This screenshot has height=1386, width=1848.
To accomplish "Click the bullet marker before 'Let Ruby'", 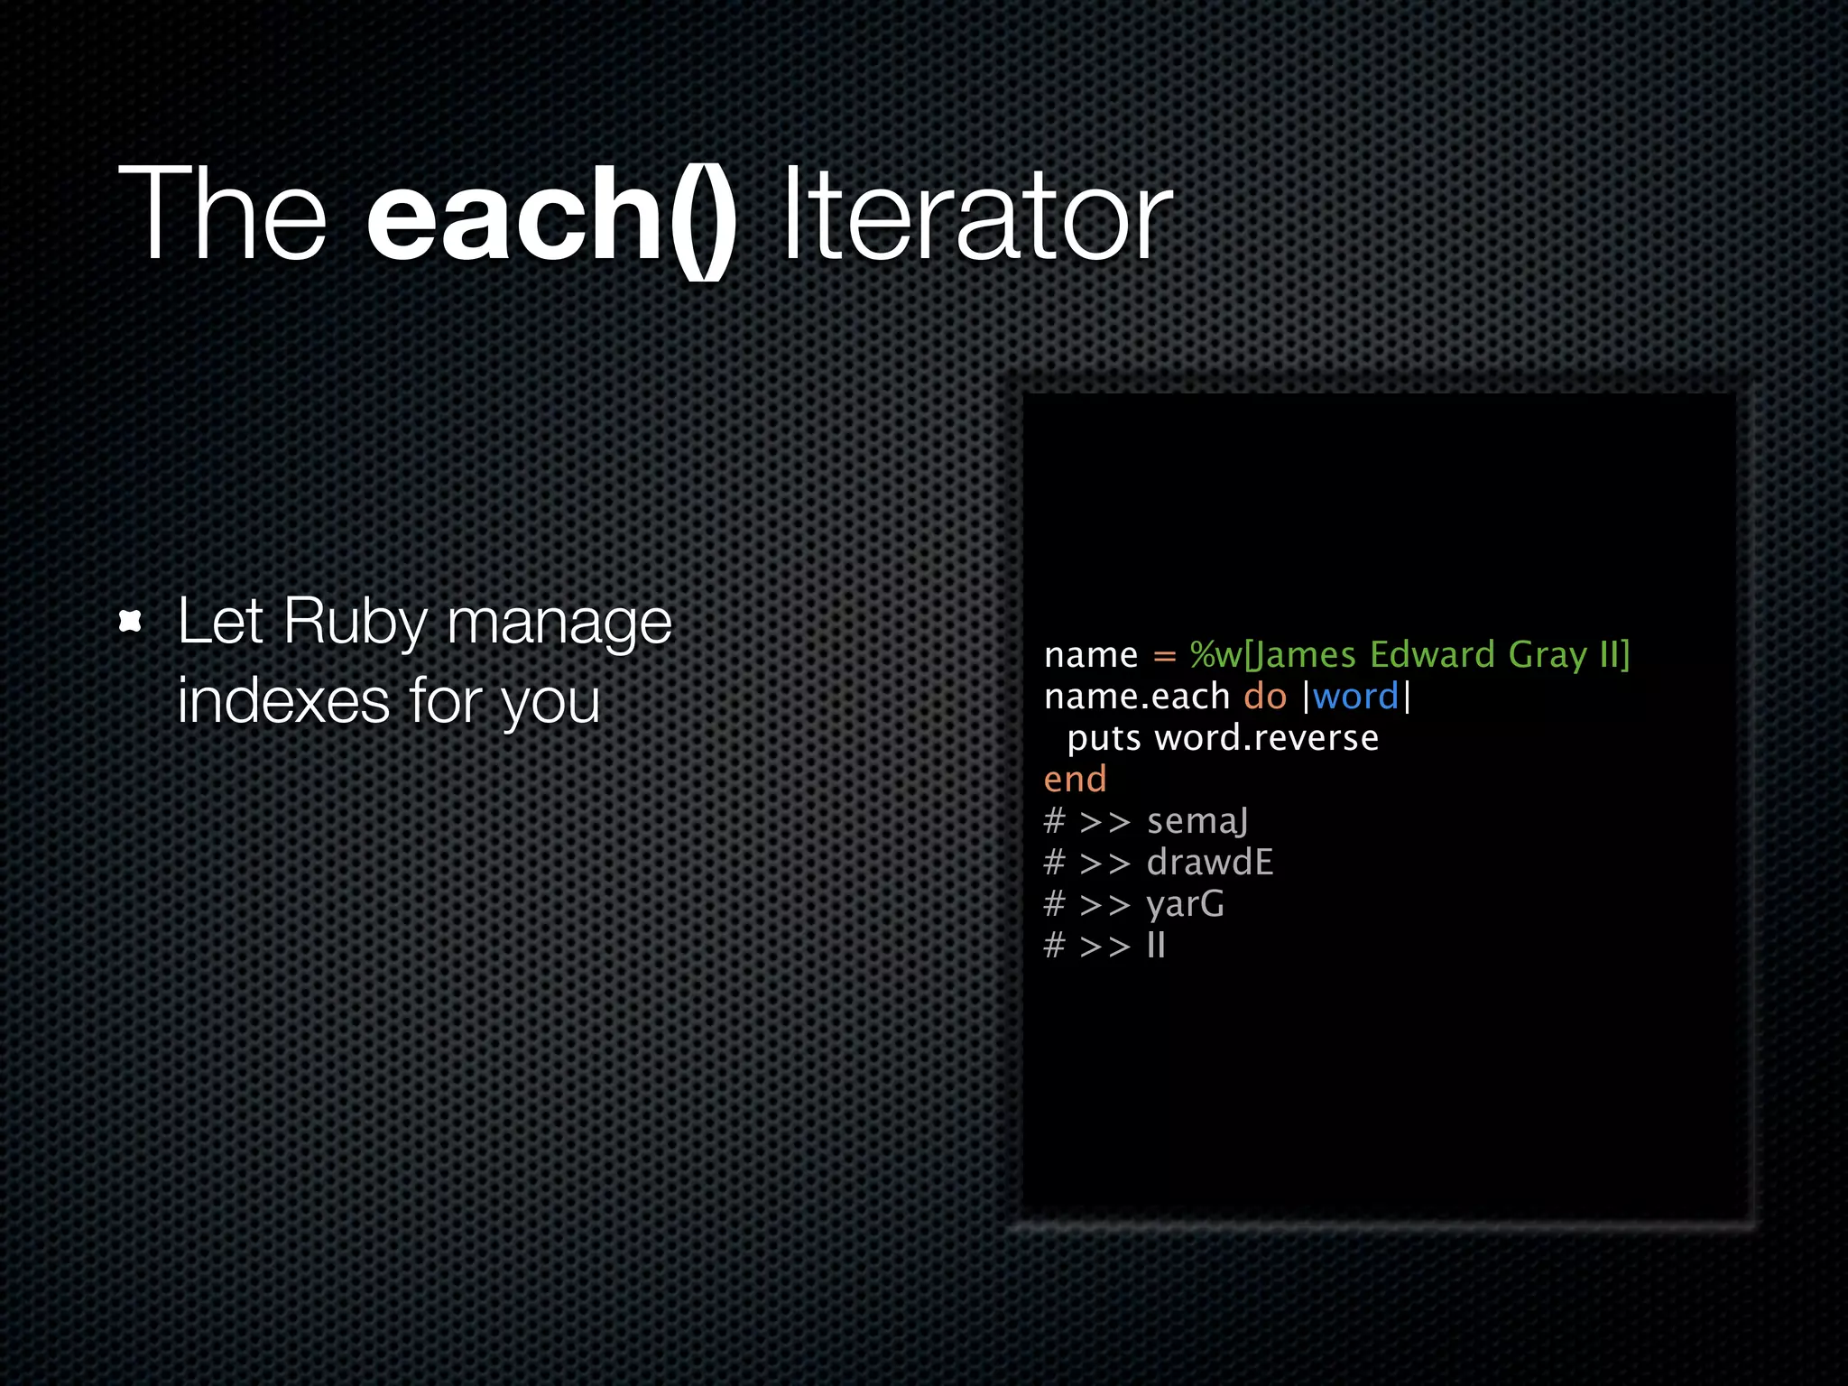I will point(131,621).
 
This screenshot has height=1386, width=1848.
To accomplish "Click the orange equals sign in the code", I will point(1164,656).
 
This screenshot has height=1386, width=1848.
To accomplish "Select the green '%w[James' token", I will point(1272,655).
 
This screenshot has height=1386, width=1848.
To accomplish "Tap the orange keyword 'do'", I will point(1264,696).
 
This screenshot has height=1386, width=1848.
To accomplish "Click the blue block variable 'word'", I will point(1355,697).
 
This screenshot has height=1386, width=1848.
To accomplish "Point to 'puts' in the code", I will point(1104,739).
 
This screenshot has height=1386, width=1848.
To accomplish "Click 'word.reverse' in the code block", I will point(1266,738).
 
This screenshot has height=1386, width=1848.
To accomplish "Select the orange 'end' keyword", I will point(1074,779).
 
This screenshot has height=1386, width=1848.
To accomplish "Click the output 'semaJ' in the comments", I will point(1197,821).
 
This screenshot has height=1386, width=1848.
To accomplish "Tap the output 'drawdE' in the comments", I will point(1209,862).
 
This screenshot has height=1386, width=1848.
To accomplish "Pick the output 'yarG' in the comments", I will point(1185,904).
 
